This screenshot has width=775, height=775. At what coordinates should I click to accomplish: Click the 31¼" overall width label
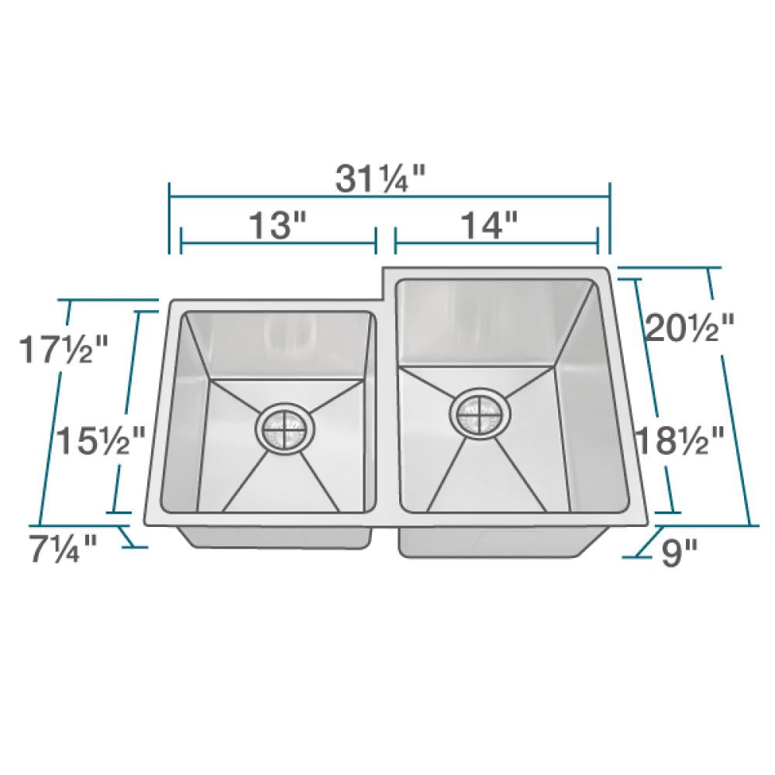pyautogui.click(x=381, y=181)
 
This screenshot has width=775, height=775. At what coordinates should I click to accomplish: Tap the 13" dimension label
pyautogui.click(x=278, y=226)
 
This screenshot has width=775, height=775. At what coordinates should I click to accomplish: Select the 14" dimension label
pyautogui.click(x=489, y=226)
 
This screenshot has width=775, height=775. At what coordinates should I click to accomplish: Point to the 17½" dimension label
pyautogui.click(x=62, y=349)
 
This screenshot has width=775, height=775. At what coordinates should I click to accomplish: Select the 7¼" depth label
pyautogui.click(x=63, y=549)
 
